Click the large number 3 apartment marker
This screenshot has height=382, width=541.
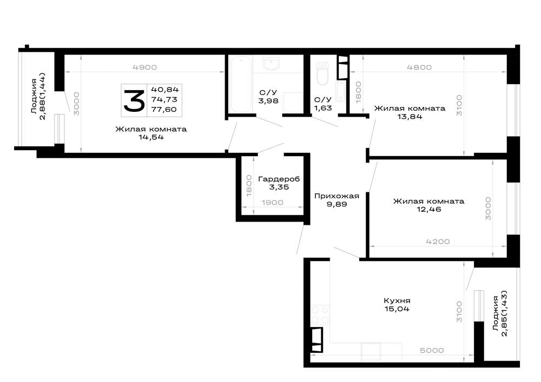click(134, 100)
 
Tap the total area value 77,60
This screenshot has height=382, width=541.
click(164, 110)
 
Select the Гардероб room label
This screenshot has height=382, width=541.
click(279, 179)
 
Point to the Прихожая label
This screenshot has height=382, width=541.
click(337, 196)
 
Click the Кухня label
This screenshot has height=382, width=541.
click(397, 300)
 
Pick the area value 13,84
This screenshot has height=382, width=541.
click(410, 117)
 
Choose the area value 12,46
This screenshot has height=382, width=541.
click(429, 210)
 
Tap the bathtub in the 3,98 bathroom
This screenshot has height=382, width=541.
click(241, 84)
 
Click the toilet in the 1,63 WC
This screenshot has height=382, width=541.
click(322, 74)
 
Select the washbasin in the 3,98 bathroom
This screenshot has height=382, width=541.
click(272, 64)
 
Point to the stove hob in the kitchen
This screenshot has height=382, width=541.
click(320, 315)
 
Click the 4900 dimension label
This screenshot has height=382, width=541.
click(144, 68)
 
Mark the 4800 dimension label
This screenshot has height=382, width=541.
click(419, 68)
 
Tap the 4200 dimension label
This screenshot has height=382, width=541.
click(438, 242)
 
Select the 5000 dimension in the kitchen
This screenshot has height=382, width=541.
click(432, 350)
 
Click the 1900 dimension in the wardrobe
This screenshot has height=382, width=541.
click(272, 203)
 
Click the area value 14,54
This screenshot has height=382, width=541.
click(151, 137)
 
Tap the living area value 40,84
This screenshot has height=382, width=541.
click(165, 90)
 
